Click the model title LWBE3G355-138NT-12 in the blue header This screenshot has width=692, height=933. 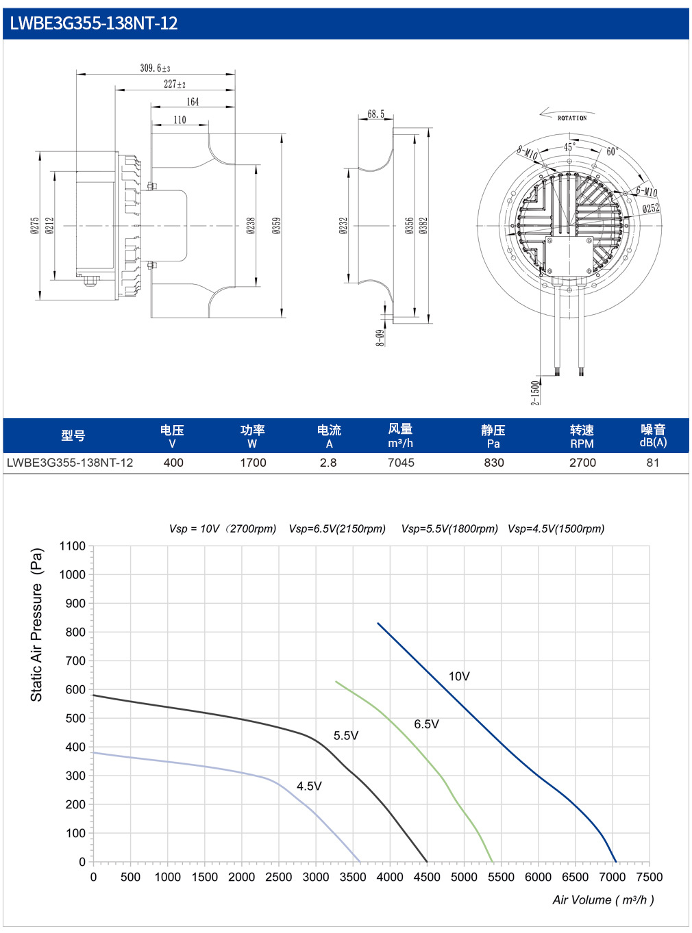click(93, 23)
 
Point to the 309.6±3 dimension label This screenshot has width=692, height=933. click(155, 68)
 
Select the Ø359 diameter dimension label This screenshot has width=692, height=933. click(276, 225)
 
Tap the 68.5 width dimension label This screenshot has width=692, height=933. click(375, 114)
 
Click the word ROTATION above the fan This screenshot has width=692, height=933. click(572, 118)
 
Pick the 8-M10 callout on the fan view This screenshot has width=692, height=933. click(528, 153)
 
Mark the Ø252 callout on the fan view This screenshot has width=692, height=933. click(651, 208)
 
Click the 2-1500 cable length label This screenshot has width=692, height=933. click(535, 393)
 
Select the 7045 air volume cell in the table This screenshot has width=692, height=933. click(401, 463)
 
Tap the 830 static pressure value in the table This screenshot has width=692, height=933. click(493, 463)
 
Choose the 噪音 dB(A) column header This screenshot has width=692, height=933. click(653, 436)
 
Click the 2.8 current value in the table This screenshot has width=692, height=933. click(328, 463)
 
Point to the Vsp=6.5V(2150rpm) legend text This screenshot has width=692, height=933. click(337, 528)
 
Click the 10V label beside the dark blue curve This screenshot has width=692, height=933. click(458, 676)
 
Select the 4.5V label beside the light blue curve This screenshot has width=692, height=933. click(309, 786)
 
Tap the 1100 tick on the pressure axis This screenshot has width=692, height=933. click(73, 546)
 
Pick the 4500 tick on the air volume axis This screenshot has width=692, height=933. click(427, 877)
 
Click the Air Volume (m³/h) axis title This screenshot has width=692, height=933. click(603, 899)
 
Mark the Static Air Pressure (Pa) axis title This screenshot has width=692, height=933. click(36, 625)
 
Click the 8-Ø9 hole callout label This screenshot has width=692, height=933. click(380, 337)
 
